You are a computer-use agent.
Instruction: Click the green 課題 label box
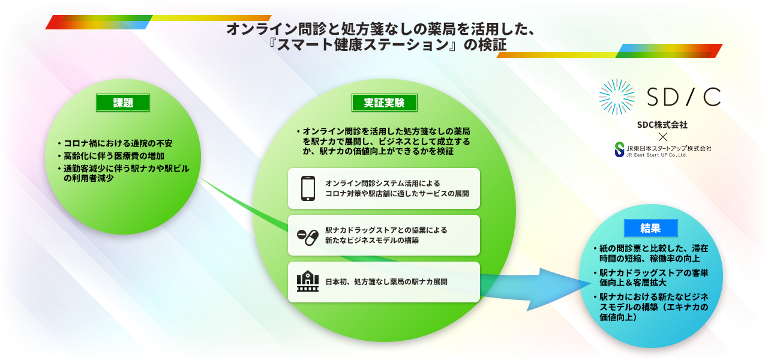click(123, 103)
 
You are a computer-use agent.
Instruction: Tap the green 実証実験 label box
click(385, 103)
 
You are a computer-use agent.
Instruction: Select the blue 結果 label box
click(651, 228)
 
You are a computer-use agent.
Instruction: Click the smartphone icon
click(308, 188)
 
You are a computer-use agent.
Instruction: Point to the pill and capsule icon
click(308, 237)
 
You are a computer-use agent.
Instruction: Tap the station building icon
click(308, 281)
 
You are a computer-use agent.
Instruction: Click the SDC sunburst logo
click(617, 97)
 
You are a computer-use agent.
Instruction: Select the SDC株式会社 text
click(662, 125)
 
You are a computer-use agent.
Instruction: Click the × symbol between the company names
click(663, 137)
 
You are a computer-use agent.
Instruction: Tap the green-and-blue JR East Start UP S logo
click(620, 150)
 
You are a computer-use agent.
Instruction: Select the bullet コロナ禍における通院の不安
click(115, 143)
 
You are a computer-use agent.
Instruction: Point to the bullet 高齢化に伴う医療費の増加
click(111, 156)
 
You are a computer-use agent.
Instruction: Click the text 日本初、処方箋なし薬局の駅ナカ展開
click(386, 282)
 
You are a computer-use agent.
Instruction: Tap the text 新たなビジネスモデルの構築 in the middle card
click(372, 241)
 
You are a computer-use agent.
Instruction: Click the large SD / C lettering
click(683, 97)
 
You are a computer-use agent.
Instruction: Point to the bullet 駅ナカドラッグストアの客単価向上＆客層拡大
click(651, 278)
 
